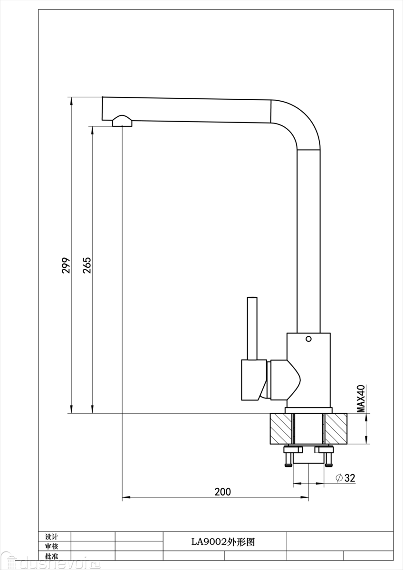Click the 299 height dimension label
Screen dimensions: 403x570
(66, 265)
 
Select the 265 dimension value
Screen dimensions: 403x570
(87, 265)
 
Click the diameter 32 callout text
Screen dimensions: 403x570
(345, 478)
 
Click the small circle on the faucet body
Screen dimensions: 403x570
(308, 339)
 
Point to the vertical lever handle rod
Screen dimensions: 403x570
(252, 328)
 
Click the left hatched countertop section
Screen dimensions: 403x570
(281, 429)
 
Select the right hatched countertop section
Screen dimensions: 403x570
(336, 429)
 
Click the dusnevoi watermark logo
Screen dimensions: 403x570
(50, 562)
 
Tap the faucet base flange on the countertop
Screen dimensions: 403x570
(308, 410)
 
